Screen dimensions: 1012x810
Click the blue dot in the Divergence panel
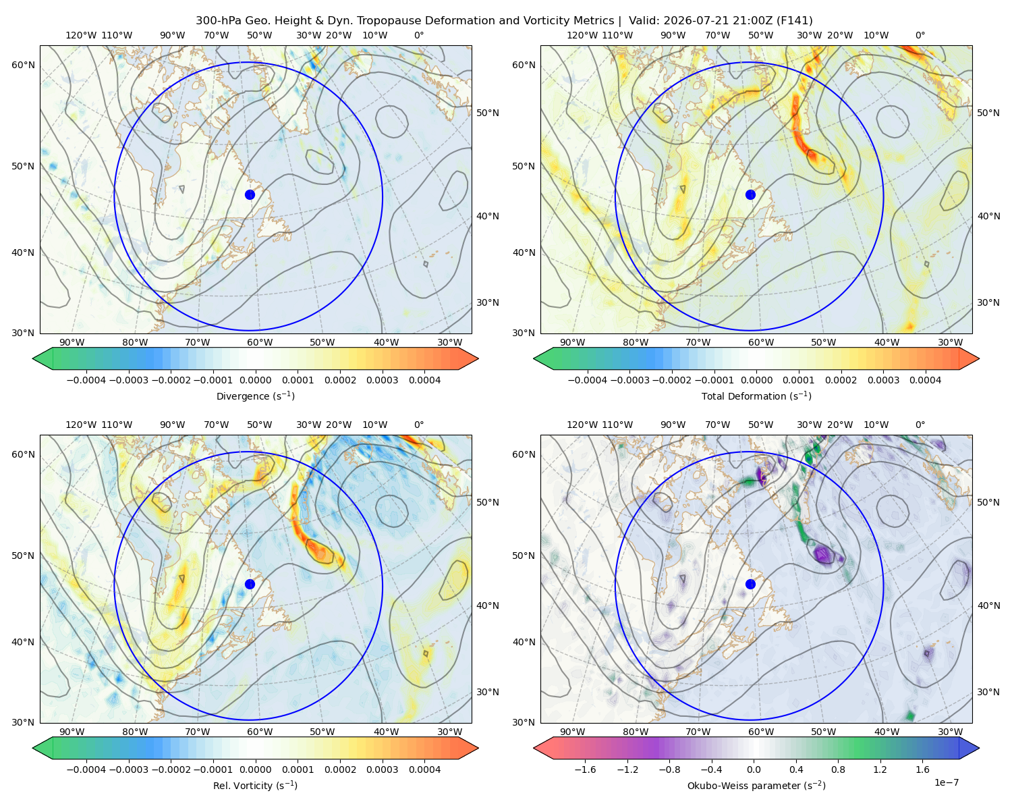coord(250,194)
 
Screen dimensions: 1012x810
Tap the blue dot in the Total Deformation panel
coord(750,194)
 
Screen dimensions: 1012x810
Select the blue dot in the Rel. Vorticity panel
coord(250,584)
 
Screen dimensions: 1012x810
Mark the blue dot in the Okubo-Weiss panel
coord(750,584)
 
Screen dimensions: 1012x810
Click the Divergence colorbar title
coord(255,396)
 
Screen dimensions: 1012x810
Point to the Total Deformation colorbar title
coord(756,396)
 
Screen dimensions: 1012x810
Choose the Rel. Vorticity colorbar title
coord(255,785)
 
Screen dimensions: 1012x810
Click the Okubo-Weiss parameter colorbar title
coord(756,785)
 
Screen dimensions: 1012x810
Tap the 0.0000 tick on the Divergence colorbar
coord(255,380)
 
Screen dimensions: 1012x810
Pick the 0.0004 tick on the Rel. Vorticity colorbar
coord(424,769)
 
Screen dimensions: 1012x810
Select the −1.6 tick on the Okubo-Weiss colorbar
coord(585,769)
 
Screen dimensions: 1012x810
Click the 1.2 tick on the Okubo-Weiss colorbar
coord(880,769)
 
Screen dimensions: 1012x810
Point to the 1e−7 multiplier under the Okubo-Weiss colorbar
coord(946,782)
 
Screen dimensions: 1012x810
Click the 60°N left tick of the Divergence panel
coord(23,65)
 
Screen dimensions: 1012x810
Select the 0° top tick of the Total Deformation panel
coord(920,35)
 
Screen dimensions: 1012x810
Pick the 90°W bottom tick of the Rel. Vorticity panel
coord(72,732)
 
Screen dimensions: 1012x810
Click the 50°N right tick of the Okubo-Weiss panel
coord(988,502)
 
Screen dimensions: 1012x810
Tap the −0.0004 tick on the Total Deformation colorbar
coord(588,380)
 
